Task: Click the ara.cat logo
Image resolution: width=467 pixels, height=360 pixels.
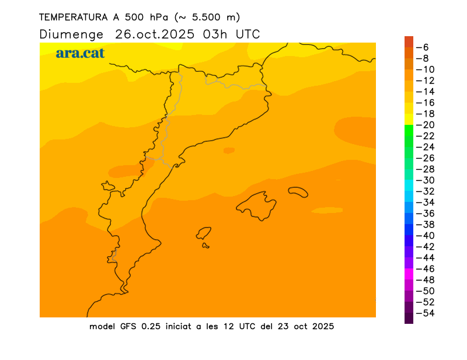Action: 80,53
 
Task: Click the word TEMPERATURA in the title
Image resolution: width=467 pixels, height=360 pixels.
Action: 72,18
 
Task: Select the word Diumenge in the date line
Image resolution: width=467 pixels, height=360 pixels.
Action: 71,34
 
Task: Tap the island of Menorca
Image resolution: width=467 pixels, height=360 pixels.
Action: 298,191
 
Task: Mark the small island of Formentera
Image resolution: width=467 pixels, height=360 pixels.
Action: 205,246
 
